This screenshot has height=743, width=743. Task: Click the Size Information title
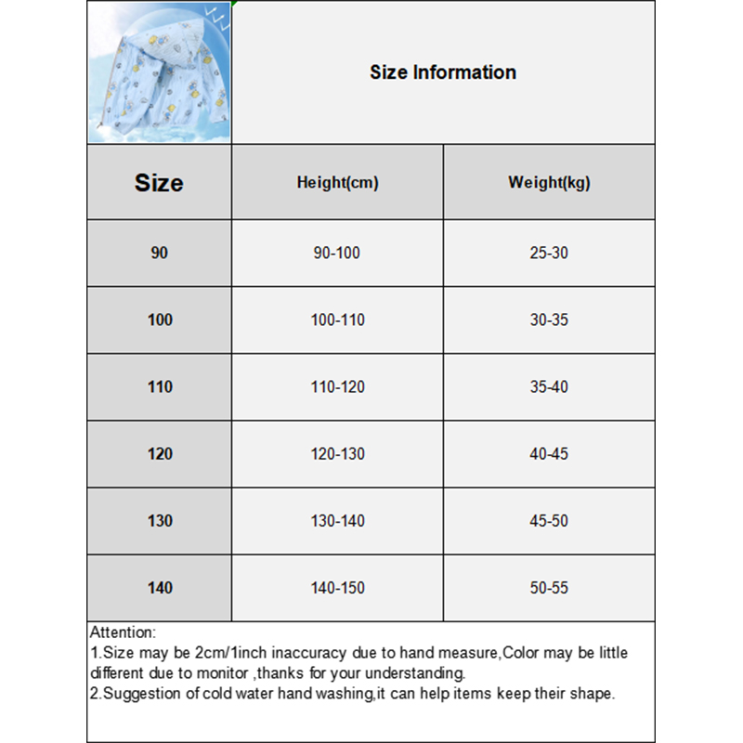[443, 72]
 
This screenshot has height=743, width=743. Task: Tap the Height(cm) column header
[337, 183]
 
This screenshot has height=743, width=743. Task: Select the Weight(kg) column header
[549, 183]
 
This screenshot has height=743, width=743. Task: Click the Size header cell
[159, 183]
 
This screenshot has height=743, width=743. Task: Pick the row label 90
[160, 253]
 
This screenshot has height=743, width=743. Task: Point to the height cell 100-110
[337, 320]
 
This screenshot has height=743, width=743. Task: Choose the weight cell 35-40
[549, 387]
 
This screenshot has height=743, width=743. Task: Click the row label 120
[160, 454]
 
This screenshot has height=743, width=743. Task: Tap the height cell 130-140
[337, 521]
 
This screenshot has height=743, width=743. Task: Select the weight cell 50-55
[549, 588]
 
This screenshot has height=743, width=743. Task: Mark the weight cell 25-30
[549, 253]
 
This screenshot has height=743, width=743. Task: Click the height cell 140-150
[337, 588]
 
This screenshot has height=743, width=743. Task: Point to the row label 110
[160, 387]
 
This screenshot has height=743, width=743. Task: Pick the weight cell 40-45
[549, 454]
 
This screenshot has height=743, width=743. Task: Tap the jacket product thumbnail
[159, 72]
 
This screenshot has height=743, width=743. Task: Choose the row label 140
[160, 588]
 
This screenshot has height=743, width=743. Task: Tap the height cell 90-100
[337, 253]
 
